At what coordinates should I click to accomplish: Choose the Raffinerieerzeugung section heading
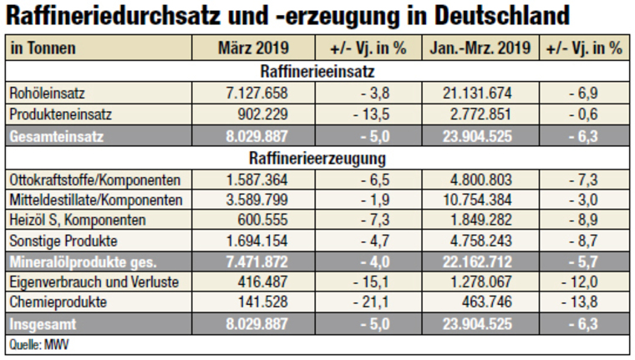pyautogui.click(x=317, y=157)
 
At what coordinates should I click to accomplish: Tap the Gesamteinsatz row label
pyautogui.click(x=52, y=134)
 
